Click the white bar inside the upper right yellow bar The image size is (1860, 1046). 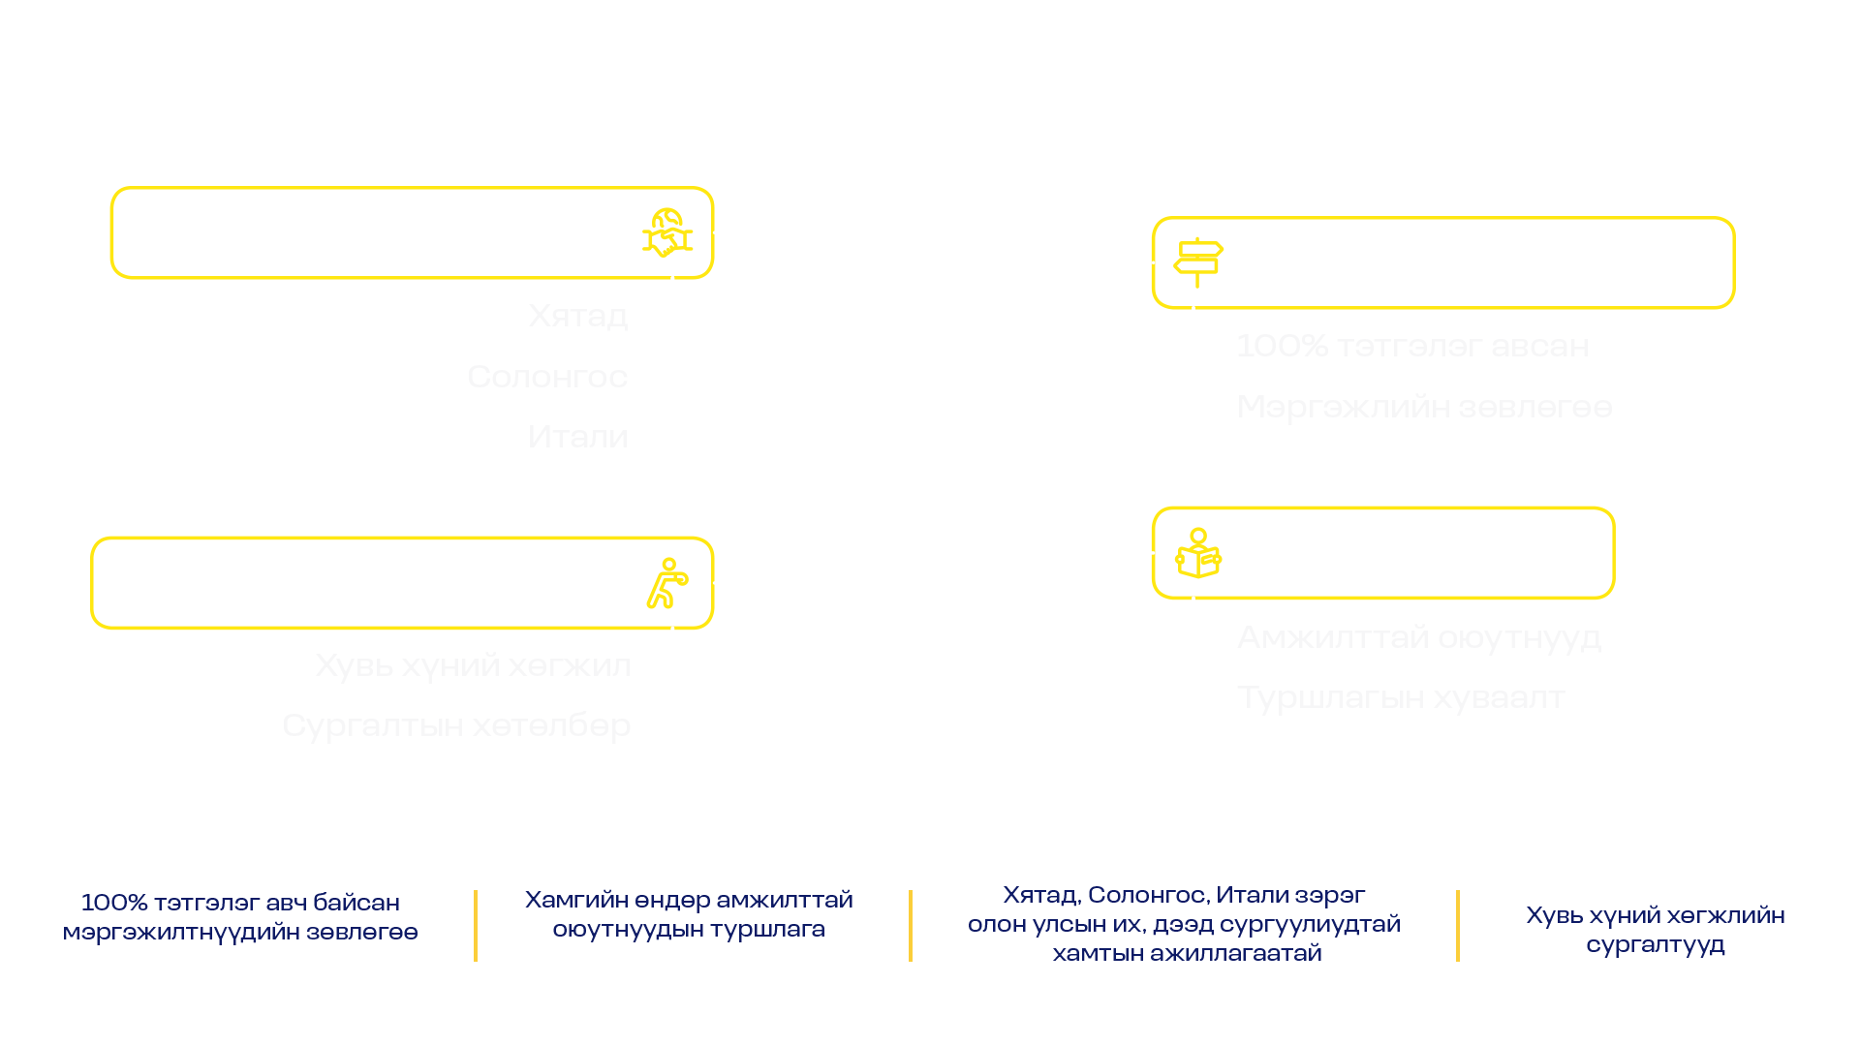click(x=1482, y=279)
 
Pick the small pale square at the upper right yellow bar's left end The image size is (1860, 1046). click(x=1164, y=277)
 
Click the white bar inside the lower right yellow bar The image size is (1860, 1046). click(x=1424, y=569)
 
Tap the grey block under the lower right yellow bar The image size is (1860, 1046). click(x=1550, y=684)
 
